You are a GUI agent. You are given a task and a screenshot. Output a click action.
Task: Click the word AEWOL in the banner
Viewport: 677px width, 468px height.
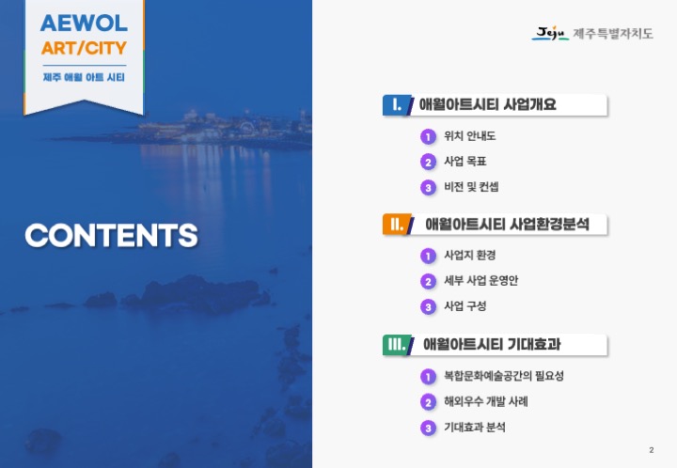84,23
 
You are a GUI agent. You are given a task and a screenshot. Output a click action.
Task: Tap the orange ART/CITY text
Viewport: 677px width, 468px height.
84,48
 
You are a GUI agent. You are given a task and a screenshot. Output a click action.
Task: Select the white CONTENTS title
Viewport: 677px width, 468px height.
111,235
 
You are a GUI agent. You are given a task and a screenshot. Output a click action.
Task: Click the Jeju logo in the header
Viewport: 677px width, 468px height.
550,33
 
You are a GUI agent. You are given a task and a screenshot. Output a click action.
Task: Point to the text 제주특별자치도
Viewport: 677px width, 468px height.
613,34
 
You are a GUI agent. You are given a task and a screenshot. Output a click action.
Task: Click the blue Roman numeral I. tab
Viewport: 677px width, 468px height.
397,105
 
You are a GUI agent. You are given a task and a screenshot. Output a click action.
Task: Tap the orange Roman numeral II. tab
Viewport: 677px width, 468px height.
397,225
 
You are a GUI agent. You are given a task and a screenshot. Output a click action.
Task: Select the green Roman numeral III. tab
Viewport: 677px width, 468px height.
398,344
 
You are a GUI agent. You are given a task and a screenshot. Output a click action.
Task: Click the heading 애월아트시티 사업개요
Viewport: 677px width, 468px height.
487,104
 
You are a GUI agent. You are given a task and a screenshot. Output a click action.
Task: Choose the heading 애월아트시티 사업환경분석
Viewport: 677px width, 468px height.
507,225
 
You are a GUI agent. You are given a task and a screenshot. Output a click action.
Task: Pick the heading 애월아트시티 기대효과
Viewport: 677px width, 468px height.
492,344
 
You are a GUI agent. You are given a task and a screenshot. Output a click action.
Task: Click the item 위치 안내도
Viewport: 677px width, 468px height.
470,136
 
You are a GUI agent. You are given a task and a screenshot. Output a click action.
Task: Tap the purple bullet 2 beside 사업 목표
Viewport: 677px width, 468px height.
428,163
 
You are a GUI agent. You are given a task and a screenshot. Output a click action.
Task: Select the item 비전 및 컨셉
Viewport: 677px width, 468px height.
471,187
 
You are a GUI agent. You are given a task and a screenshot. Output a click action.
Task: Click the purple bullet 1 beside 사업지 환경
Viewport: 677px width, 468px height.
428,257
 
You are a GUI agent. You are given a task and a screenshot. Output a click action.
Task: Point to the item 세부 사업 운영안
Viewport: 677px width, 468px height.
481,281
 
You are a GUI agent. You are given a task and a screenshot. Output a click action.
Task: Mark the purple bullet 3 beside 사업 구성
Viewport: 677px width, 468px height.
428,307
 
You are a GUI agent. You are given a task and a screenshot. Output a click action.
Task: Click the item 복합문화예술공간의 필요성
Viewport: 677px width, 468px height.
504,376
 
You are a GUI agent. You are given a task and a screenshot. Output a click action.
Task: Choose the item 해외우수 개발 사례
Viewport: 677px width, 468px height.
486,401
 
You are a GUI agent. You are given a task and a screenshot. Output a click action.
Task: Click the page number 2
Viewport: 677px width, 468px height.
651,450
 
